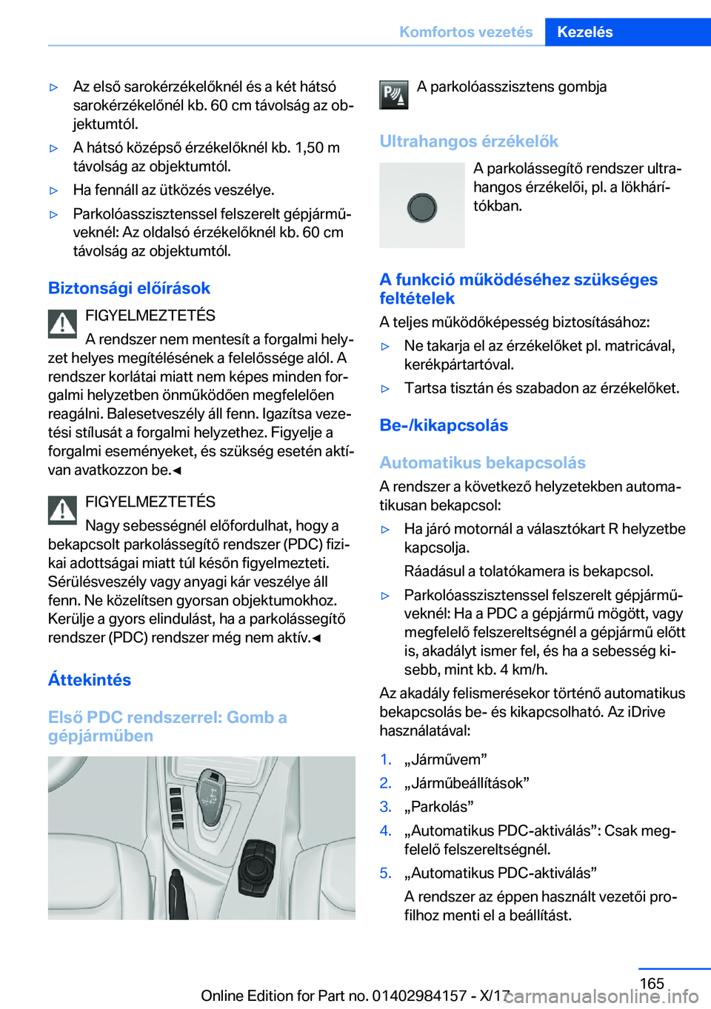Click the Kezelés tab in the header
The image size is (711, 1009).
tap(585, 32)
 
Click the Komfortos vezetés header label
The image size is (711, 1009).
tap(466, 32)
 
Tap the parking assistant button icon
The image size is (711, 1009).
tap(394, 95)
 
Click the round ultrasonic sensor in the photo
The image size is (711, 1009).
tap(422, 207)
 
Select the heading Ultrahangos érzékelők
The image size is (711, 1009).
tap(469, 141)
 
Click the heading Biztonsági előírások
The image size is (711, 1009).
tap(129, 288)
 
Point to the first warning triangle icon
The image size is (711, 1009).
tap(63, 324)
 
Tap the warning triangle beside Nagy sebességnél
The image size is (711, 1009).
tap(63, 510)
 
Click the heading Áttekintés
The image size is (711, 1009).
tap(90, 680)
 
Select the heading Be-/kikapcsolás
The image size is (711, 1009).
tap(444, 425)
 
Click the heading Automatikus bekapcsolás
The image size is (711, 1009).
tap(482, 463)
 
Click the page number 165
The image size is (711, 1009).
tap(652, 983)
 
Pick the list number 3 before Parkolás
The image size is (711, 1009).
tap(385, 807)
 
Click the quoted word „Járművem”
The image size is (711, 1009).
tap(445, 759)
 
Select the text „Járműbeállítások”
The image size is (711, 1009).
tap(467, 783)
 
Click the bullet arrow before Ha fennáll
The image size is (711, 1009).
tap(53, 190)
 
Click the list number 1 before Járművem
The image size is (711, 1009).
tap(385, 759)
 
